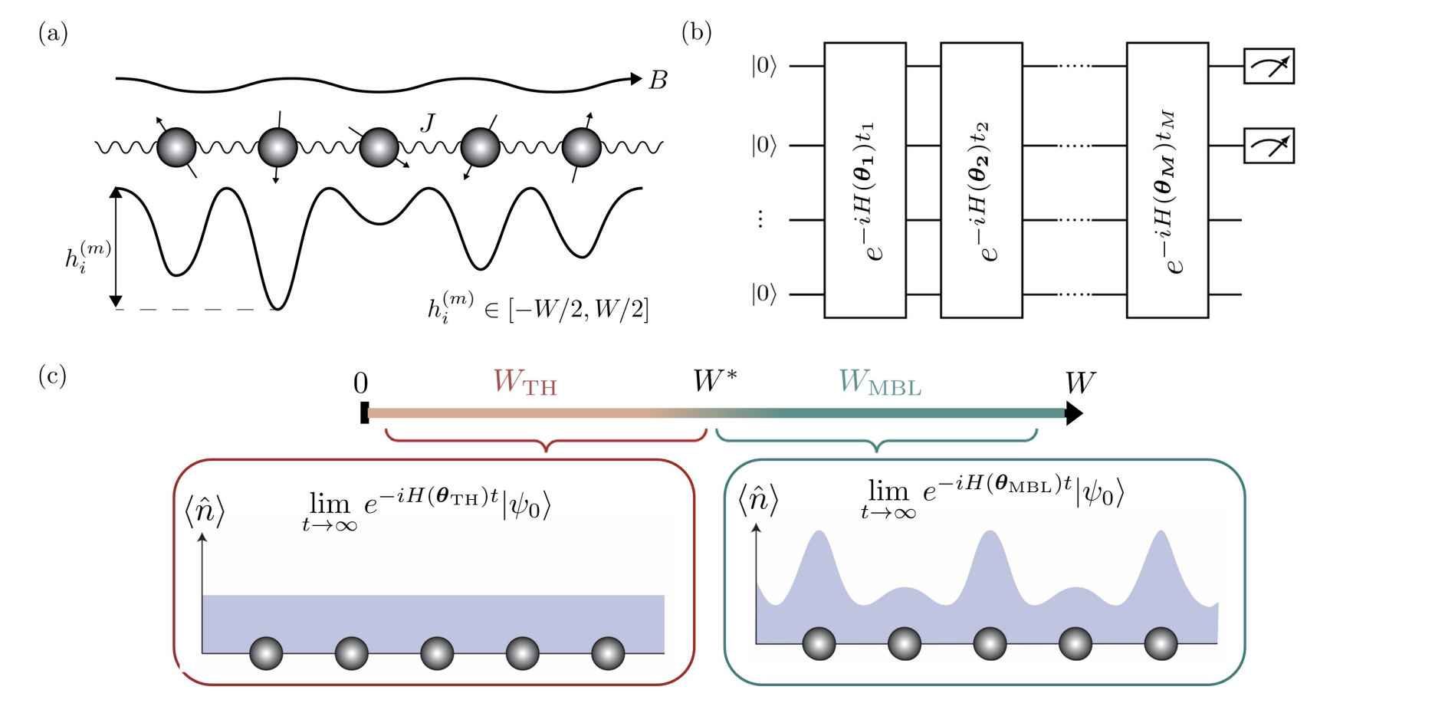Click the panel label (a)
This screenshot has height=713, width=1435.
(53, 34)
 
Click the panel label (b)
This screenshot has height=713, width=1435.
(696, 33)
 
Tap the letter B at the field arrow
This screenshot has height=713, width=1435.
(658, 80)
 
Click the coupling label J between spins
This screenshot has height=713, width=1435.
(428, 123)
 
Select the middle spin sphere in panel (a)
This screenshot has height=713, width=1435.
(379, 147)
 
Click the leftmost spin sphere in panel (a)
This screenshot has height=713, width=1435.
(176, 147)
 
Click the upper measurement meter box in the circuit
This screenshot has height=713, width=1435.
(1269, 66)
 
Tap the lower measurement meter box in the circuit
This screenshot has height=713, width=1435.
(1269, 146)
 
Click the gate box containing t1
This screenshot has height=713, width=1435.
(865, 180)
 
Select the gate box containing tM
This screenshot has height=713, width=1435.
(1167, 180)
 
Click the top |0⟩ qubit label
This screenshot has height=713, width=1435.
(763, 67)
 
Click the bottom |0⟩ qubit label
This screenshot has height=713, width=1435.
(763, 294)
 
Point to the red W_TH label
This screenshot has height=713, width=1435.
(525, 382)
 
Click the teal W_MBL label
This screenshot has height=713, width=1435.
(879, 382)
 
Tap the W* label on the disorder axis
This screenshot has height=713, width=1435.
(714, 380)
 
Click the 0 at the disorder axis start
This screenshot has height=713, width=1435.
(360, 383)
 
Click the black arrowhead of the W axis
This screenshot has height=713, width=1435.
(1074, 414)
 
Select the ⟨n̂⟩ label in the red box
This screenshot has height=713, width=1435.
(205, 511)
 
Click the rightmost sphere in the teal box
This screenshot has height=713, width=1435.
(1161, 644)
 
